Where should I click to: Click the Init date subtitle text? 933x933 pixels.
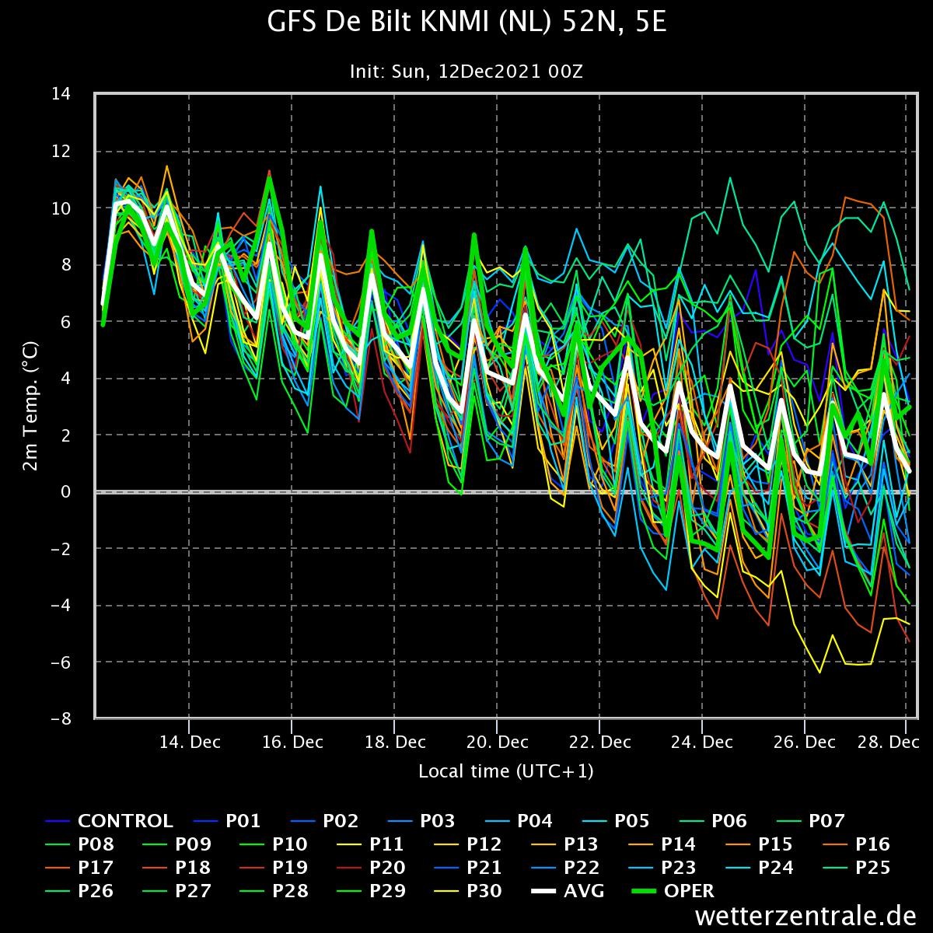click(466, 72)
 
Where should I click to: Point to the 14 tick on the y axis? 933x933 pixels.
click(61, 93)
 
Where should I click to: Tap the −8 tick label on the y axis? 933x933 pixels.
click(61, 718)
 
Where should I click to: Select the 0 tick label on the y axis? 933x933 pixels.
click(65, 491)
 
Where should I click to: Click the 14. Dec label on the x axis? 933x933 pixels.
click(190, 742)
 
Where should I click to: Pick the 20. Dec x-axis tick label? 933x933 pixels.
click(498, 742)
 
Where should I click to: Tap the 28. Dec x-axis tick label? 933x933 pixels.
click(888, 742)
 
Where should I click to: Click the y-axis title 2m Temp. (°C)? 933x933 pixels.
click(30, 406)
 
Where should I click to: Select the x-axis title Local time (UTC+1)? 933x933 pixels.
click(506, 771)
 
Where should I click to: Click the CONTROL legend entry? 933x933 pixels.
click(109, 821)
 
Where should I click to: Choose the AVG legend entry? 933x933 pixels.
click(568, 891)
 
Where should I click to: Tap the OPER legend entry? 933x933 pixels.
click(673, 891)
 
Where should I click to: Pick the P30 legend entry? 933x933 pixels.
click(469, 891)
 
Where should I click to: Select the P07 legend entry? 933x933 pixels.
click(810, 821)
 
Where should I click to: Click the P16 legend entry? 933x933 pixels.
click(857, 844)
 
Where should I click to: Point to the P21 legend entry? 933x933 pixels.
click(468, 867)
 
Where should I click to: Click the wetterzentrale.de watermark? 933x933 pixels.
click(805, 916)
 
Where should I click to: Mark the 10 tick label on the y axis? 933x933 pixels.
click(61, 208)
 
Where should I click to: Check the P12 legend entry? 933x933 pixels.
click(468, 844)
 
